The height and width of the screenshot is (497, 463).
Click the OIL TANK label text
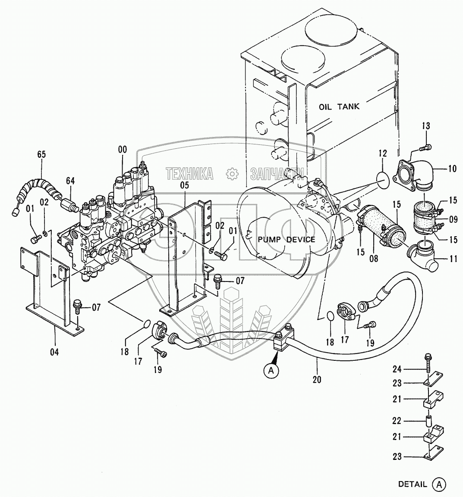(339, 106)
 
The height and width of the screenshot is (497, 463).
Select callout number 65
(41, 154)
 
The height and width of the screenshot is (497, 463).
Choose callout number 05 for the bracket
(184, 186)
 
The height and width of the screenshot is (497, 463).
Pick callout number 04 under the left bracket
(54, 352)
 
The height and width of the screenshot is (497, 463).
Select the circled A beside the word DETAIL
(439, 484)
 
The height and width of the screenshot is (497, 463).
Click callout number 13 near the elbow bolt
(426, 126)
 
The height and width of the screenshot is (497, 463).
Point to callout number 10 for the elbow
(452, 169)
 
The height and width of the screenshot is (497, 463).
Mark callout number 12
(383, 153)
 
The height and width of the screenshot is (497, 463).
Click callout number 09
(453, 219)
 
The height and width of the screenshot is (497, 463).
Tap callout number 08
(373, 259)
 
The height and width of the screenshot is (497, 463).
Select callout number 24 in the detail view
(397, 369)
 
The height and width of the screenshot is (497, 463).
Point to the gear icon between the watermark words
(232, 174)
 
